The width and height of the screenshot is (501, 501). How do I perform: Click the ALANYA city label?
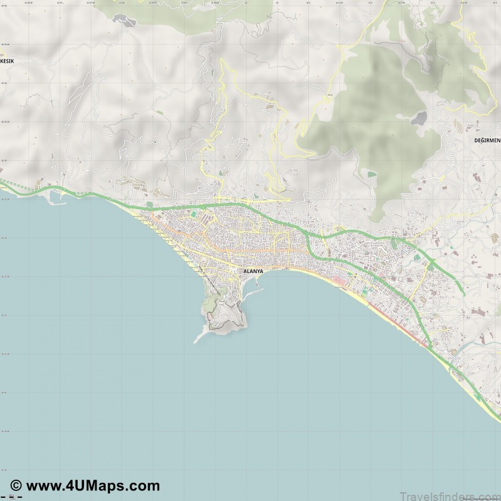pyautogui.click(x=253, y=271)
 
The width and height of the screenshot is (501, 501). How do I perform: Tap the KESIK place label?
pyautogui.click(x=7, y=61)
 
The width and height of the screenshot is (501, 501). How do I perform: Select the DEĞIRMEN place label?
pyautogui.click(x=487, y=140)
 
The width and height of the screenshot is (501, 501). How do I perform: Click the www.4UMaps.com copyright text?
pyautogui.click(x=91, y=485)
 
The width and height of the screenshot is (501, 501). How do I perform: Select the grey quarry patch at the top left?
pyautogui.click(x=124, y=21)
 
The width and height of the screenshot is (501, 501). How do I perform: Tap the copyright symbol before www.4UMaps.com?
pyautogui.click(x=16, y=486)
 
